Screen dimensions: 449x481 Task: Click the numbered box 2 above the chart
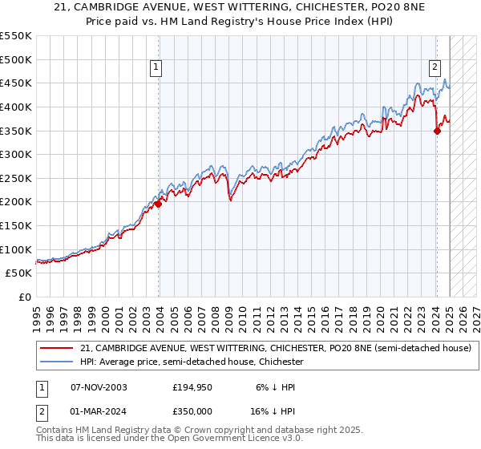coord(434,68)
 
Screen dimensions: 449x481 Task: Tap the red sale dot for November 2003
coord(158,204)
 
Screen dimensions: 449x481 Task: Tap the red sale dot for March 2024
coord(437,131)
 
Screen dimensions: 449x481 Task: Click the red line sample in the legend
coord(55,348)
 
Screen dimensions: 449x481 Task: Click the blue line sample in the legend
coord(55,362)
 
